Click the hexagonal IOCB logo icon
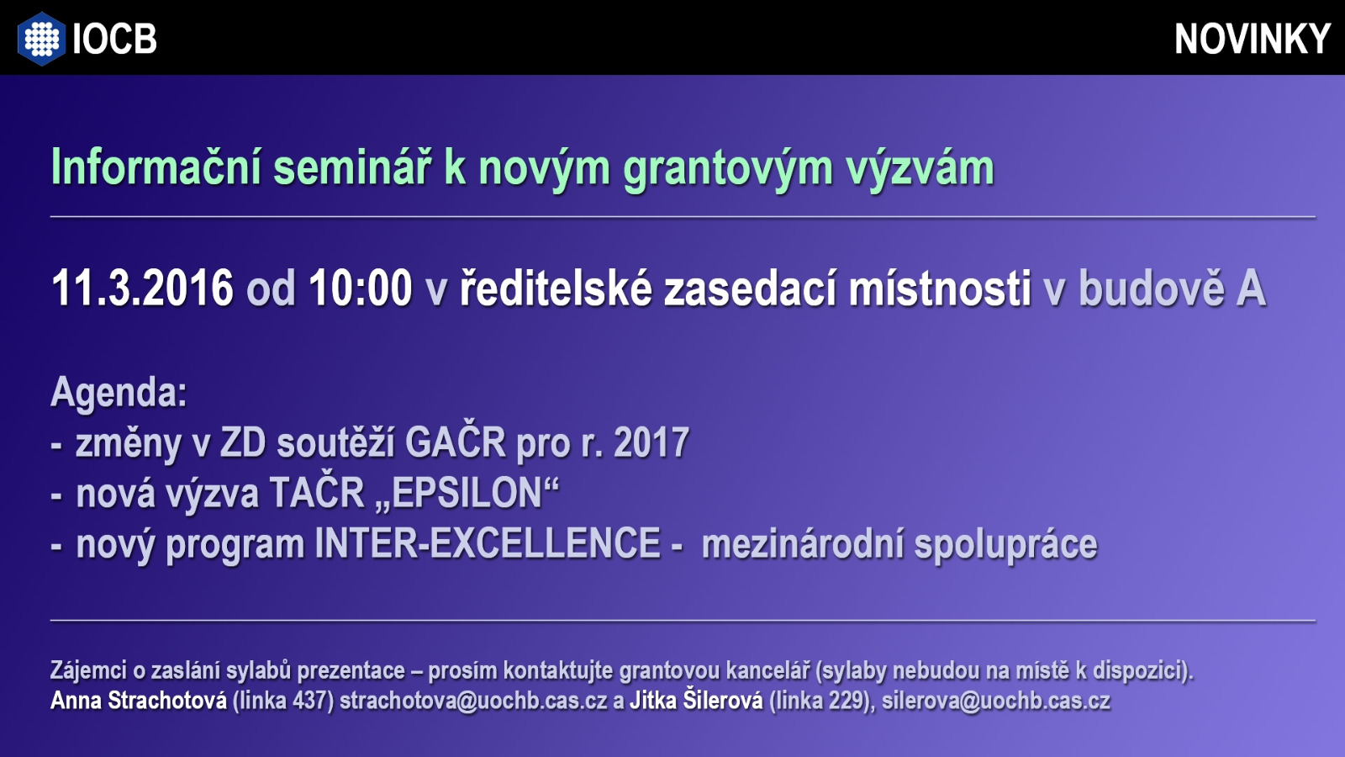tap(41, 38)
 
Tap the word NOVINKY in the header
tap(1253, 39)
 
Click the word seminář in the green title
tap(352, 167)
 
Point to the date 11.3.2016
tap(142, 288)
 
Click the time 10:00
tap(361, 288)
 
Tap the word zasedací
tap(750, 288)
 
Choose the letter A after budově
tap(1251, 289)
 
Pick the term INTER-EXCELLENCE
tap(488, 543)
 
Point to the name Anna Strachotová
tap(139, 701)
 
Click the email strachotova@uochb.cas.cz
tap(474, 701)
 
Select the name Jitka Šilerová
tap(696, 699)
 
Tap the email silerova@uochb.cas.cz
tap(996, 701)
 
